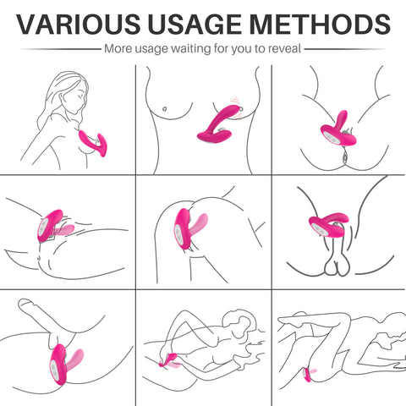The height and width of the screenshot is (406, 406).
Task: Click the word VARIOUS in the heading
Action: point(78,24)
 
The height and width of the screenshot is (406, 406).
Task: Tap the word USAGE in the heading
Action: point(195,24)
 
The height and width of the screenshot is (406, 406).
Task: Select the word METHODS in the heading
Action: point(320,24)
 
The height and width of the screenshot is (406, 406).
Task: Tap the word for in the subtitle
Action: point(222,48)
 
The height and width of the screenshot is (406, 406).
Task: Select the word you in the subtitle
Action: point(241,50)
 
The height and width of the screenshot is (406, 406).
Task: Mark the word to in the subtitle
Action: point(260,49)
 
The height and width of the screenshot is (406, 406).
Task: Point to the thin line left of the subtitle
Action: point(61,49)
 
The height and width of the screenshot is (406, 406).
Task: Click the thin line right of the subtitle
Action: point(345,49)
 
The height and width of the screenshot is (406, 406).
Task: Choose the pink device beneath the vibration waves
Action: point(217,124)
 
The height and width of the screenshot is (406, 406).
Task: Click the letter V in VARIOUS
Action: point(28,24)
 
